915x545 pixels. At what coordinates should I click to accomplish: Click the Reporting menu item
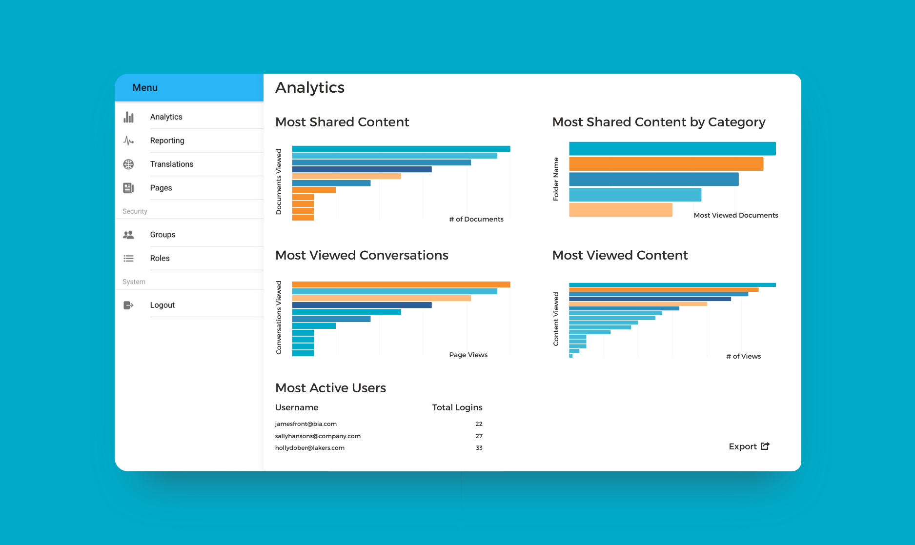pos(167,141)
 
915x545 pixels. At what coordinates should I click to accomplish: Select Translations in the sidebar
pos(171,164)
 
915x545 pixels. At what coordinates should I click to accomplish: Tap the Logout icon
pos(128,305)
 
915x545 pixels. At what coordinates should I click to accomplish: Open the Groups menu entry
pos(163,235)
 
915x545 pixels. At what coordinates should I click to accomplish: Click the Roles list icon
pos(128,258)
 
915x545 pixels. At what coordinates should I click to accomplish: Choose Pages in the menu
pos(161,188)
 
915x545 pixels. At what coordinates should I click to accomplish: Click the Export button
pos(749,446)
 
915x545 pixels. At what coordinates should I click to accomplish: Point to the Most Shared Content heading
pos(342,122)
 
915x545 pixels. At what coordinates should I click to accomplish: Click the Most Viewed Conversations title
pos(361,255)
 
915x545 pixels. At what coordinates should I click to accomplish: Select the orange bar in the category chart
pos(666,164)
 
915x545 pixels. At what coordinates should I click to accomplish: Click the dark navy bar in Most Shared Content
pos(362,169)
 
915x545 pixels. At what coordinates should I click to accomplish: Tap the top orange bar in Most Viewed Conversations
pos(401,284)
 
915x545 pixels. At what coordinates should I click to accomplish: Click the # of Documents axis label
pos(476,219)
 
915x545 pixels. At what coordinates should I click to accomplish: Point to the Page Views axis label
pos(468,355)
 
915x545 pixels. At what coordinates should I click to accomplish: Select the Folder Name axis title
pos(556,179)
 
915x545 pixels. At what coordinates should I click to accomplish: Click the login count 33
pos(479,448)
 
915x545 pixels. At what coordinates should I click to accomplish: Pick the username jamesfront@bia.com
pos(305,424)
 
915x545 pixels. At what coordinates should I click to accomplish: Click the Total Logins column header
pos(457,407)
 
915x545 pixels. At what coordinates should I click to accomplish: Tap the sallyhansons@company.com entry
pos(317,436)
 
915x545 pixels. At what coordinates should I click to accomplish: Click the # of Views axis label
pos(743,356)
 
